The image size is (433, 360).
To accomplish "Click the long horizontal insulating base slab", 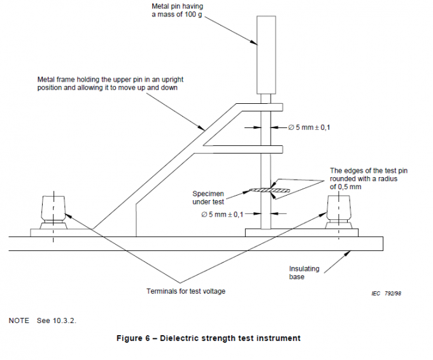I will [191, 243].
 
